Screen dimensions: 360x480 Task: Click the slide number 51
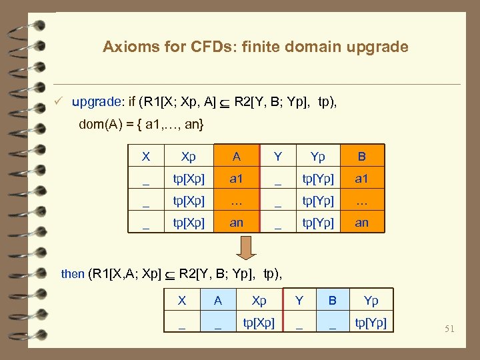click(x=450, y=328)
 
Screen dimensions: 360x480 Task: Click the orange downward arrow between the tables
click(x=247, y=247)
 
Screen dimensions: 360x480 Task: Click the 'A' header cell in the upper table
click(x=236, y=157)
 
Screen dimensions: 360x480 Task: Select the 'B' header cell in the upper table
click(x=361, y=157)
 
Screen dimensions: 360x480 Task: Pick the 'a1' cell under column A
click(x=236, y=179)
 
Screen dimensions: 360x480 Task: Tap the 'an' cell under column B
click(x=361, y=223)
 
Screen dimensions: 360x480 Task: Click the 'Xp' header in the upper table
click(x=189, y=157)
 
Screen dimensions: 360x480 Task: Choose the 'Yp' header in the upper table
click(x=317, y=157)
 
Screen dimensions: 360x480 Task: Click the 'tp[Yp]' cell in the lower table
click(x=371, y=323)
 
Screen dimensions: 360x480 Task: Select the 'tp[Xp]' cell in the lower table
click(x=258, y=323)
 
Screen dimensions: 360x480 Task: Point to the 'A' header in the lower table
click(x=218, y=301)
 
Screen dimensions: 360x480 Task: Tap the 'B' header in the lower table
click(x=332, y=301)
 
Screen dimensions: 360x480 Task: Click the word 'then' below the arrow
click(x=73, y=273)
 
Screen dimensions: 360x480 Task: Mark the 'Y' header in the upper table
click(x=278, y=157)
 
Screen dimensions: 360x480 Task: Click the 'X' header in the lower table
click(x=182, y=301)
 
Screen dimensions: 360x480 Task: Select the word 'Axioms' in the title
click(x=127, y=47)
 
